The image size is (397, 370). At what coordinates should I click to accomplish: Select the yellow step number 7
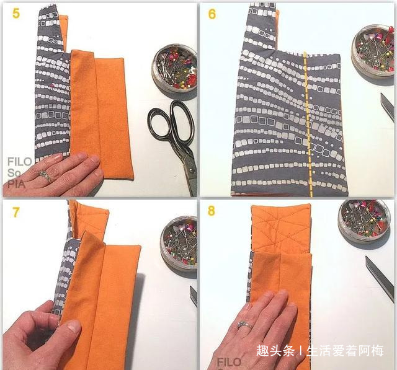[16, 213]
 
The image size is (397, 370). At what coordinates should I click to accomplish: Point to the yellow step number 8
[212, 212]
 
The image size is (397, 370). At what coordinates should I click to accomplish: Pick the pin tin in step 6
[373, 53]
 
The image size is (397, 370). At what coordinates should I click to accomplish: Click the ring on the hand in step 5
[45, 176]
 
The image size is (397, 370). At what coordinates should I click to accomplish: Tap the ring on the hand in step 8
[244, 325]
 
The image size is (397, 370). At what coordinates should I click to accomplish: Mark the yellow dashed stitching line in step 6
[306, 124]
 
